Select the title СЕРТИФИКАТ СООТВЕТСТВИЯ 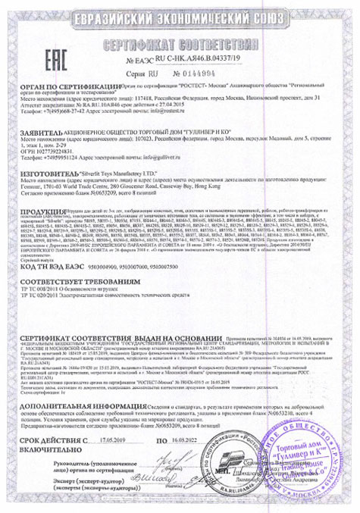[180, 40]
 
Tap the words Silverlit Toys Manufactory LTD [126, 172]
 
